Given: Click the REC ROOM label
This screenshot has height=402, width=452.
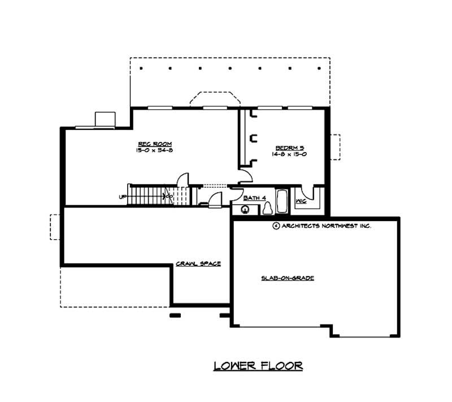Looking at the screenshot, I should (x=146, y=144).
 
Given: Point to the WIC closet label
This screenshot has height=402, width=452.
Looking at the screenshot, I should (x=301, y=201).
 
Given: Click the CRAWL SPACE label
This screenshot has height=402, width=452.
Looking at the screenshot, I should (x=198, y=264).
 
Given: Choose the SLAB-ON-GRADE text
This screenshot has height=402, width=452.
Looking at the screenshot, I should (x=287, y=278).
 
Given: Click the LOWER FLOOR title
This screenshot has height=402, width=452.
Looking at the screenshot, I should (x=258, y=366).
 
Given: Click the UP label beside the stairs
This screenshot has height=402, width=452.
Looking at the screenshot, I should (x=122, y=197).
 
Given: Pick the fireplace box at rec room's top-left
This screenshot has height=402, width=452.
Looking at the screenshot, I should (x=105, y=119).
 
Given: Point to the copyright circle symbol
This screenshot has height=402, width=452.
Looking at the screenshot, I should (x=276, y=226).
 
